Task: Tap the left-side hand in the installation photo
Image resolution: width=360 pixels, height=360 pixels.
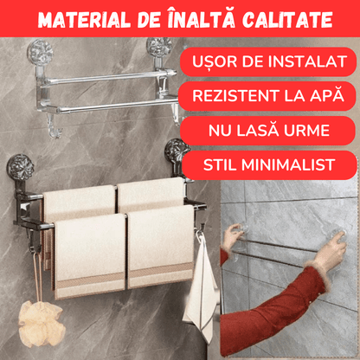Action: [x=232, y=236]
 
